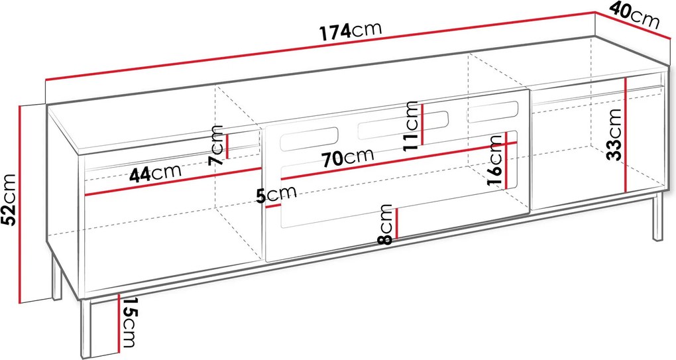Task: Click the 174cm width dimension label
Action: (x=351, y=31)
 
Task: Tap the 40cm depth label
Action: (x=635, y=16)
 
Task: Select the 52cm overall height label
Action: (x=9, y=200)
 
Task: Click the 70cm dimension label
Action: (x=348, y=157)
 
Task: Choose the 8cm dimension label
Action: (x=385, y=224)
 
